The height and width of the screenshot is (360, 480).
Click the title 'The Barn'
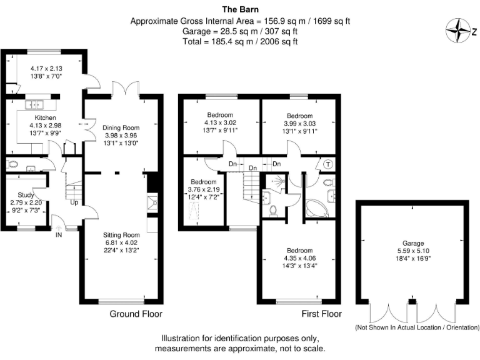[240, 9]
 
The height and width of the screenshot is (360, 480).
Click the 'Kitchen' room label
[45, 117]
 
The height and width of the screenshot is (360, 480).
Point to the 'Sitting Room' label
[121, 236]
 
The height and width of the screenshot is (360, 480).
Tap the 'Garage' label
[413, 243]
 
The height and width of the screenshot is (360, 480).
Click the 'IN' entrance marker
[59, 236]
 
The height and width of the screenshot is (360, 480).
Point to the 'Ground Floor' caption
[136, 314]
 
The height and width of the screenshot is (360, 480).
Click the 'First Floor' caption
[321, 314]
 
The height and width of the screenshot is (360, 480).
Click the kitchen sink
[32, 104]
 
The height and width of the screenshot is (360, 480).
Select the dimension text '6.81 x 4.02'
[121, 243]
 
